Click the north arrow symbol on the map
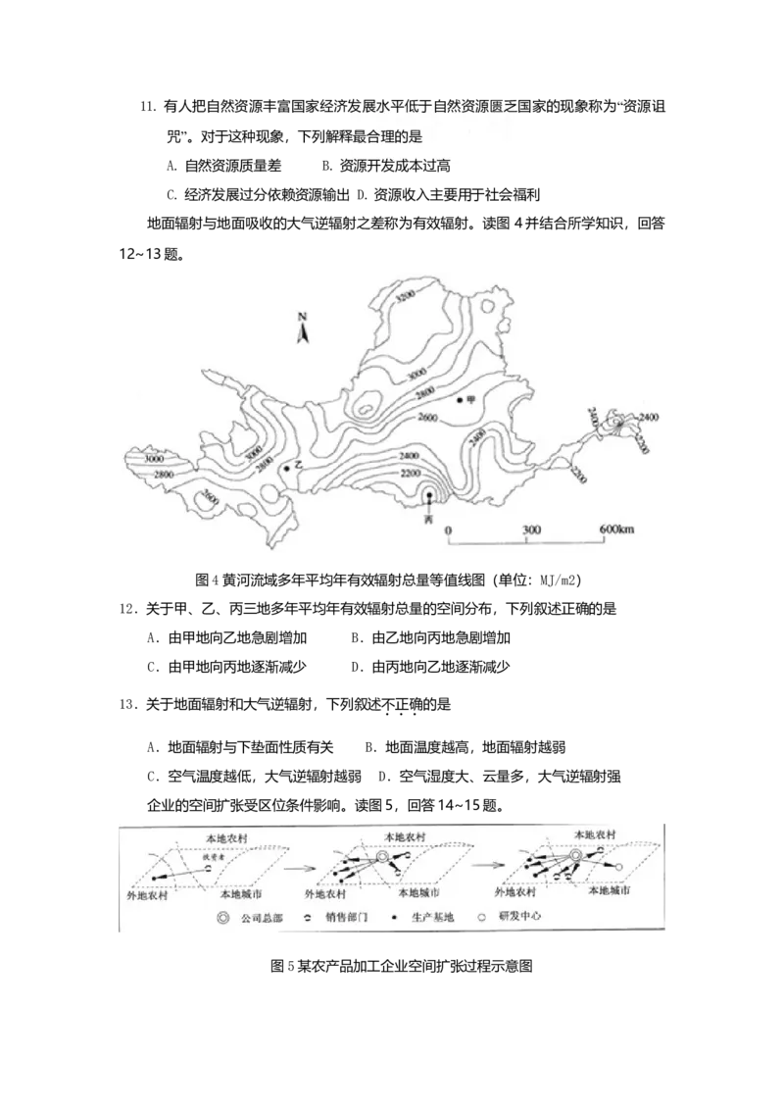click(304, 328)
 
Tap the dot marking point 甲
click(459, 400)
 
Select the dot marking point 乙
click(286, 469)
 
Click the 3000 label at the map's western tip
click(152, 458)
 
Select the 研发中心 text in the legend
click(519, 918)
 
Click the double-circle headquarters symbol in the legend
click(224, 919)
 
